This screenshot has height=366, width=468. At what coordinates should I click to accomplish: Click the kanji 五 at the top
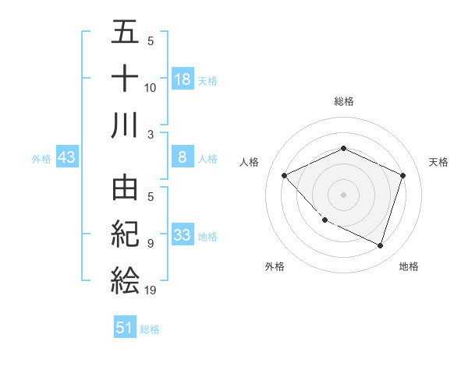point(125,34)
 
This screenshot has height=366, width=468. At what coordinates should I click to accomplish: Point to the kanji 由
point(125,189)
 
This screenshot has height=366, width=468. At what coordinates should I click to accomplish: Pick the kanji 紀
point(125,234)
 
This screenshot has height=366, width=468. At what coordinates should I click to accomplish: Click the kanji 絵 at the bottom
point(125,280)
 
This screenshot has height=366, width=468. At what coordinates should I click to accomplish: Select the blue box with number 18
point(183,79)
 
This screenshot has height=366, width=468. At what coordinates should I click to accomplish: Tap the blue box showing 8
point(183,158)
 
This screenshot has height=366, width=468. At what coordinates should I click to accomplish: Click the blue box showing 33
point(183,236)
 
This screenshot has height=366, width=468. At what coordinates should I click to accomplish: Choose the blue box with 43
point(67,158)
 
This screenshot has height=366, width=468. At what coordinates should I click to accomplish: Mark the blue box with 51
point(125,328)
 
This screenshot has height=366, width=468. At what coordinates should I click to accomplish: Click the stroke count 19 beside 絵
point(151,290)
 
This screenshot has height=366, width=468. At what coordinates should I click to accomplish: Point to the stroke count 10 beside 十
point(151,88)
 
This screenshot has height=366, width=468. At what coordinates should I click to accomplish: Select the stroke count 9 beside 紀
point(151,244)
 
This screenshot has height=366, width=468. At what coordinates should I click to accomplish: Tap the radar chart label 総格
point(344,101)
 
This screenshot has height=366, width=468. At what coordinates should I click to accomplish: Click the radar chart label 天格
point(439,162)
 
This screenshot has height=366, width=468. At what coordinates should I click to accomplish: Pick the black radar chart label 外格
point(275,266)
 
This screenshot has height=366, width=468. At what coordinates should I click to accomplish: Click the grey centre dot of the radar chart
point(344,194)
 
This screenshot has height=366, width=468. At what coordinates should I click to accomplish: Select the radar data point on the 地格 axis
point(381,245)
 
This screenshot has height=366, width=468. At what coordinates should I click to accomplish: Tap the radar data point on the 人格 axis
point(285,175)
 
